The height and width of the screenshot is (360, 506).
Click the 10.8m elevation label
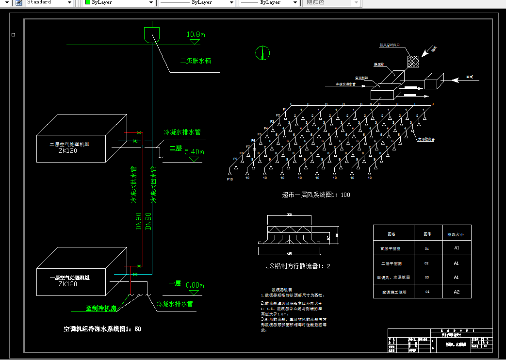196,35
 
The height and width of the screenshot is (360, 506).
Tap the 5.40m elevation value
194,152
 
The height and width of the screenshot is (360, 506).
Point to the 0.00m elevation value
195,285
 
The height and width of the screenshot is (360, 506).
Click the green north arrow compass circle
262,52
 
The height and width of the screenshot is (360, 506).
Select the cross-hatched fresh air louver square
413,62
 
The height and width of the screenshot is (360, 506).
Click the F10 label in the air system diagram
230,180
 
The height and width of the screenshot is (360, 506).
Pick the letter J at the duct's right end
432,104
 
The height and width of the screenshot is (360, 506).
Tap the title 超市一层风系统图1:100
316,195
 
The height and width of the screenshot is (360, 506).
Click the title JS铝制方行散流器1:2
298,266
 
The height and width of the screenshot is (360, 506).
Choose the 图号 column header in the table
427,234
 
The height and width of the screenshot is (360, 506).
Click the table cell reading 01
427,248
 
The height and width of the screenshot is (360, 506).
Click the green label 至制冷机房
101,308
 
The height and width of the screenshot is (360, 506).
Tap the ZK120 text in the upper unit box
67,151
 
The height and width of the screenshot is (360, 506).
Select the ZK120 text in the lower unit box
67,284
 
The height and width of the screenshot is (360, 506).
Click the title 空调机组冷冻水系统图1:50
102,329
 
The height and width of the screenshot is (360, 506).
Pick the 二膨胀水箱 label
195,61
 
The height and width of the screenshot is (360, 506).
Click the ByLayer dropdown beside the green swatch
119,2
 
